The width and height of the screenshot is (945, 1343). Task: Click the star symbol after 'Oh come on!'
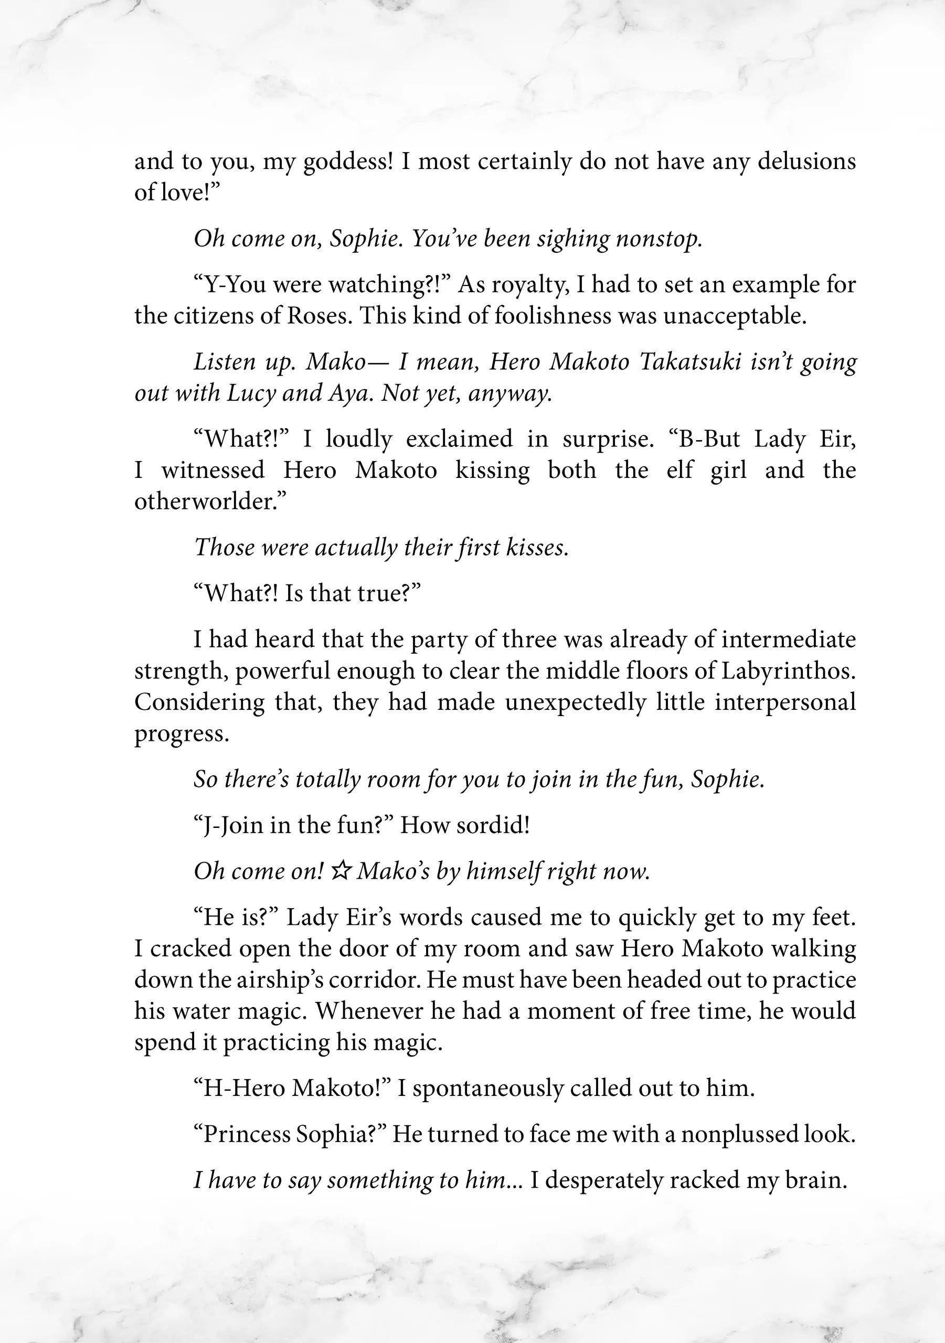(340, 871)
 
